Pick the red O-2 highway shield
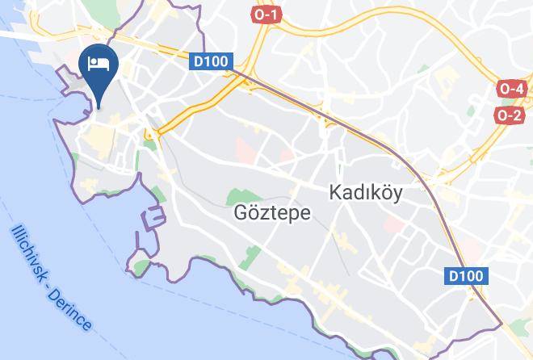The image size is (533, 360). tap(510, 115)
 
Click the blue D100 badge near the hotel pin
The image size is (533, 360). tap(212, 61)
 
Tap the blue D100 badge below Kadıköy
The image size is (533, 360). tap(466, 276)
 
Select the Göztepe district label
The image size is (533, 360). tap(260, 214)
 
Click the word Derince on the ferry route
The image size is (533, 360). tap(77, 312)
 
